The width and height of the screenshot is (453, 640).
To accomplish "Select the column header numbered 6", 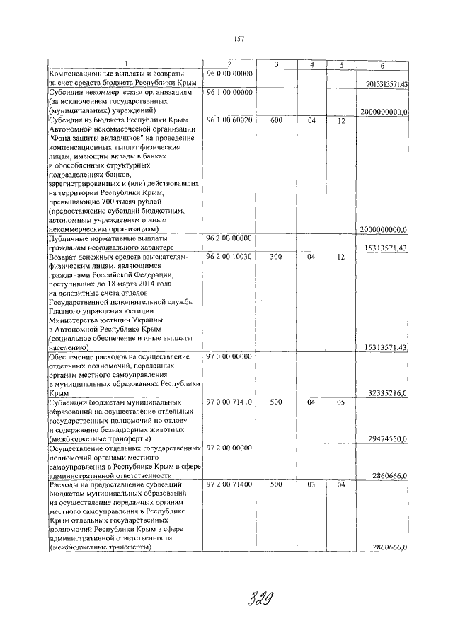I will pos(382,65).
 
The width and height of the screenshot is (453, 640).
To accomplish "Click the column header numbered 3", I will pos(276,65).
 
